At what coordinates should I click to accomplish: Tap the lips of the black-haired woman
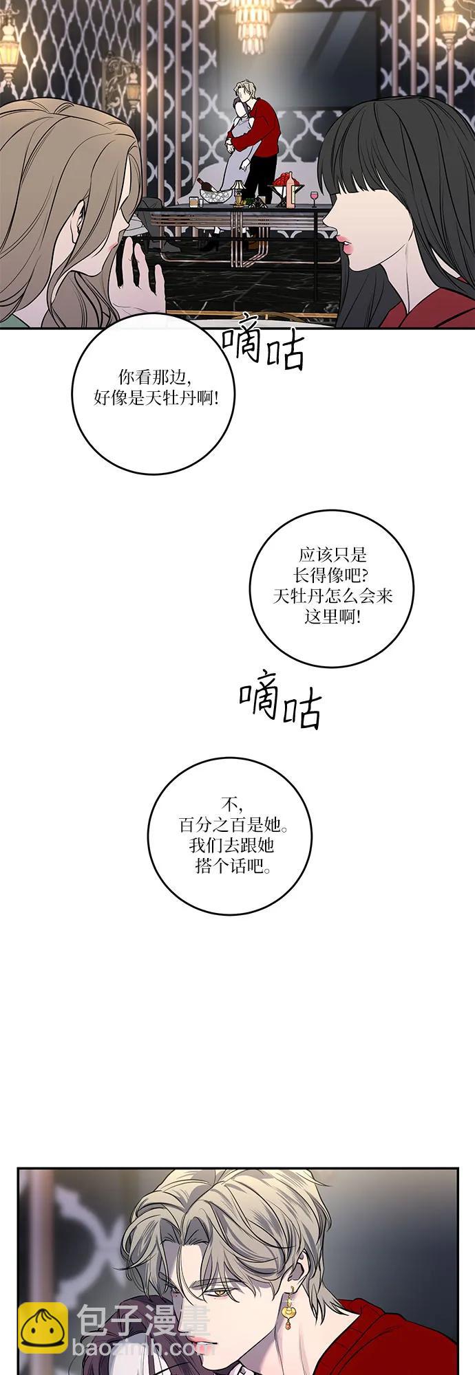pyautogui.click(x=345, y=239)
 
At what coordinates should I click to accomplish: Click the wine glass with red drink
pyautogui.click(x=315, y=197)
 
